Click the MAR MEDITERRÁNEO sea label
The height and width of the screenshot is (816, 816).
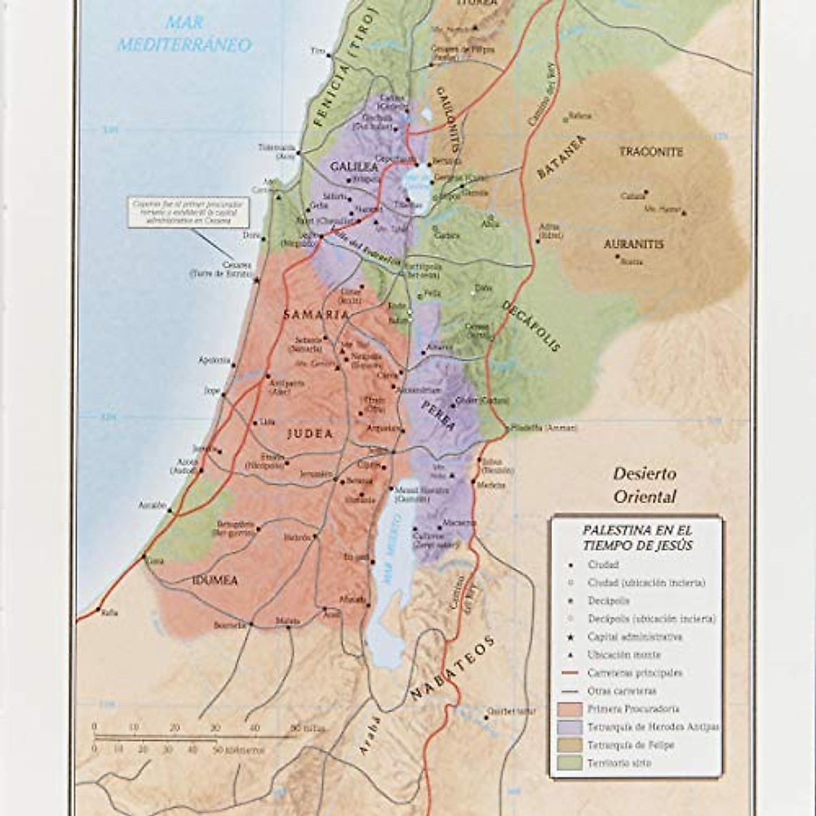[x=184, y=35]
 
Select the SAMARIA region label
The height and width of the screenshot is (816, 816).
[x=316, y=315]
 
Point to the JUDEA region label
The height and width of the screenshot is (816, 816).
[x=310, y=434]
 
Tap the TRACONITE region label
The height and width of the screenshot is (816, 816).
[x=651, y=152]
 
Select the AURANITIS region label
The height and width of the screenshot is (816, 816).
[x=633, y=244]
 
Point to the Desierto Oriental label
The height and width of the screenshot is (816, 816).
[x=645, y=485]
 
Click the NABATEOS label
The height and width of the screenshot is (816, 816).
[x=452, y=670]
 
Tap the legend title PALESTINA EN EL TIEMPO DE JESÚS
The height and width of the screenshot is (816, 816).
[x=636, y=537]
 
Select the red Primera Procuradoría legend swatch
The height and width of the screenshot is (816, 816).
[x=569, y=709]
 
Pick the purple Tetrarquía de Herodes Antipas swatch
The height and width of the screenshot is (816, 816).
[x=569, y=727]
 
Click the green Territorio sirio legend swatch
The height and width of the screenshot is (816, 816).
[x=569, y=763]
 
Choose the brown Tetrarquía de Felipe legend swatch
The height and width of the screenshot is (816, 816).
[x=569, y=745]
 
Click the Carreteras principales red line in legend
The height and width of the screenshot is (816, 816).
[x=569, y=673]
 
